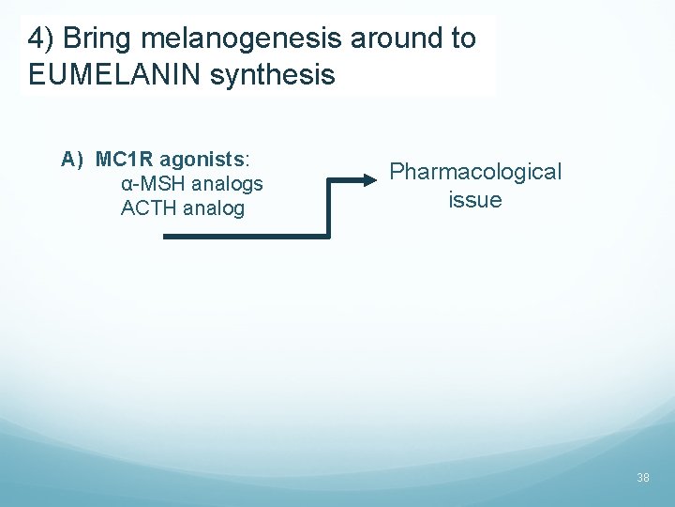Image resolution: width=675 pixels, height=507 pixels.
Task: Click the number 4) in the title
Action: (39, 38)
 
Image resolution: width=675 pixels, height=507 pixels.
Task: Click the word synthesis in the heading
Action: (272, 74)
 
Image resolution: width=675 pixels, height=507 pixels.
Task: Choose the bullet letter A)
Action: (74, 159)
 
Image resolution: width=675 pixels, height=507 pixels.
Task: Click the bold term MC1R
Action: (121, 159)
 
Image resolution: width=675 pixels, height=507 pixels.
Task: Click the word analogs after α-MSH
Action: (227, 183)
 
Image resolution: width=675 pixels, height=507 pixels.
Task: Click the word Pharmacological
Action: (475, 172)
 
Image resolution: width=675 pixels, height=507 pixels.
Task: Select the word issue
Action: (475, 200)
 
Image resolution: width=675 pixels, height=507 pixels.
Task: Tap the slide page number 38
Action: (643, 478)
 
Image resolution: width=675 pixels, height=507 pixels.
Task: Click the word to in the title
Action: (463, 38)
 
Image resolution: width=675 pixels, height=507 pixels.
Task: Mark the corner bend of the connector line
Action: (329, 236)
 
